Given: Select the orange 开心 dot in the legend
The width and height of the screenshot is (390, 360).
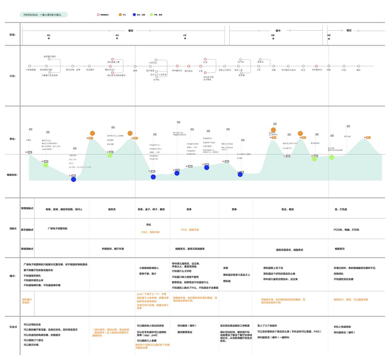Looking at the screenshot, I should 120,15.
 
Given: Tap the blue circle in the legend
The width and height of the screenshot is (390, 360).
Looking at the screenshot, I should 134,15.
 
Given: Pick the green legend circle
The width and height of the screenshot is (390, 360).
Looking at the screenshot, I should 151,15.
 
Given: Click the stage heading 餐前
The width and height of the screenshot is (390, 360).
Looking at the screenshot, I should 131,31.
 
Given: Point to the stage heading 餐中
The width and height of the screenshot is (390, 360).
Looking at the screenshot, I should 278,31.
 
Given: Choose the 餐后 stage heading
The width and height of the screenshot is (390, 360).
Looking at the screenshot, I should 349,31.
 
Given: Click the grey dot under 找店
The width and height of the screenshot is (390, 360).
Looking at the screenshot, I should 49,38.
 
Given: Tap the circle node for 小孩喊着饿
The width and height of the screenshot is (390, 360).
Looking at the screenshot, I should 30,66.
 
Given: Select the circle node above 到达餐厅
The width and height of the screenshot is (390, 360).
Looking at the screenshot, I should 89,66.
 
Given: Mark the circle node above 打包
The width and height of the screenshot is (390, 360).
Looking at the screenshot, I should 344,66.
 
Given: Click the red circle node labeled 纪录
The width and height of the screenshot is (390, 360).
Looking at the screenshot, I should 205,59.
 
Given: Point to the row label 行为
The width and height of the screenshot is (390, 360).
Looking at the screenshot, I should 13,76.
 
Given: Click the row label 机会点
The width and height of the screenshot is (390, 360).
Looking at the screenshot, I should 13,327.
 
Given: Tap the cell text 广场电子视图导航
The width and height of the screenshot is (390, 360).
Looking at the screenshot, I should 58,228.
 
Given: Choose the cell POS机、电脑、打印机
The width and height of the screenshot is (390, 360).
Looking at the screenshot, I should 346,230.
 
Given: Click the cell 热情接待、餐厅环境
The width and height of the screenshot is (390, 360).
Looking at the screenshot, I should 113,249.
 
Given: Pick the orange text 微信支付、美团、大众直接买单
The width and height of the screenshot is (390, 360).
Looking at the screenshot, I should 351,300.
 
